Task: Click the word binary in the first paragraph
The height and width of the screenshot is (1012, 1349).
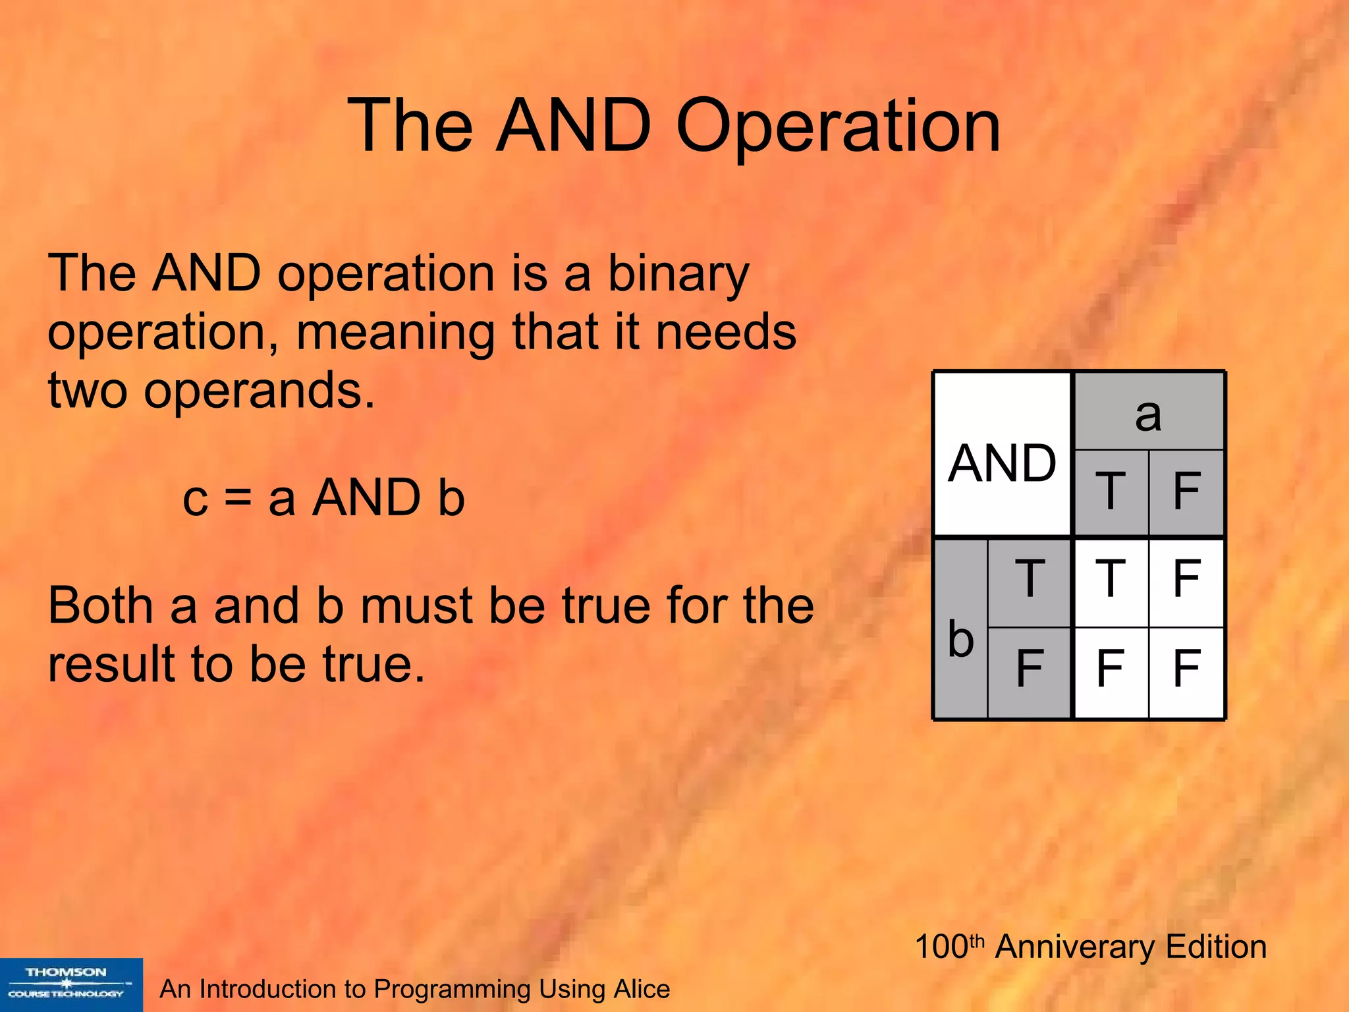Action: (678, 273)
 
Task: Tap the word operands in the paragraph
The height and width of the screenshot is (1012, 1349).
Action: (259, 390)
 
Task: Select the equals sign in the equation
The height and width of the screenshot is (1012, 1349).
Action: (238, 497)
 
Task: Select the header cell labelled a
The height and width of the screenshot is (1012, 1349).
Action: (1149, 412)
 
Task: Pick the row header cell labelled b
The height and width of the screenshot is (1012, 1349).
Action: (961, 630)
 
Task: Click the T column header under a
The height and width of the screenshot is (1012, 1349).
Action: (1111, 492)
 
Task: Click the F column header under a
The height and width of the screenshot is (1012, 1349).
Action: (1187, 492)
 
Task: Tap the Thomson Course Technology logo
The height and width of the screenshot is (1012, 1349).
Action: (70, 984)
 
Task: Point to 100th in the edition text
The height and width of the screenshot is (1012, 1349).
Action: (949, 947)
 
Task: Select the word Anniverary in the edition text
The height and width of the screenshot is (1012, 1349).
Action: (1076, 947)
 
